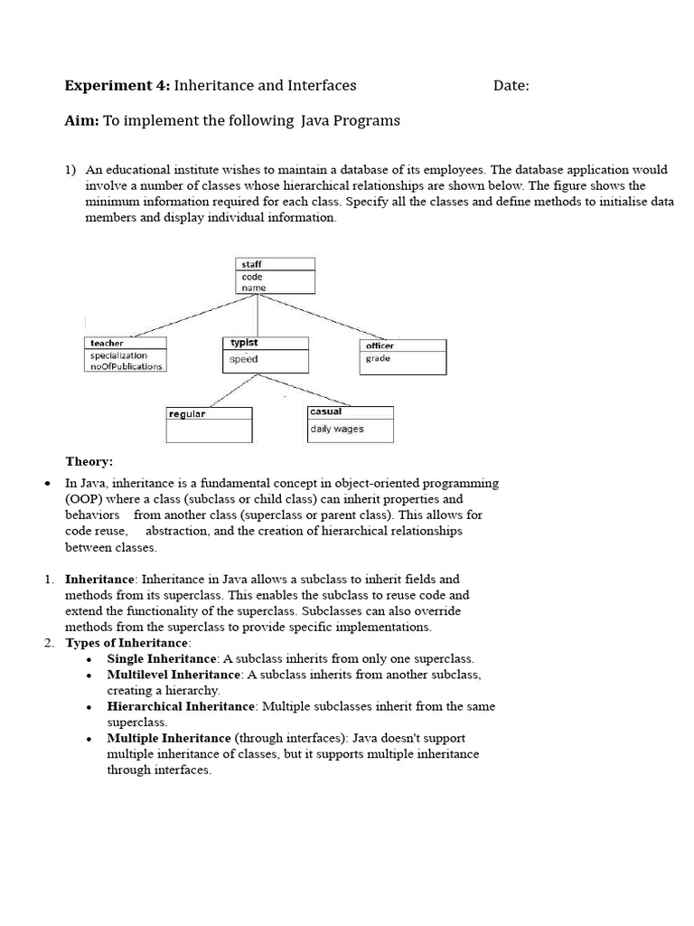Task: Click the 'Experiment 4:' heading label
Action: click(x=117, y=86)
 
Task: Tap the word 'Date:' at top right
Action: click(x=511, y=86)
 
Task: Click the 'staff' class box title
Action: click(x=251, y=264)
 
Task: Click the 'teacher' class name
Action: click(x=107, y=344)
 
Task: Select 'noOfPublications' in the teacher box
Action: click(x=126, y=366)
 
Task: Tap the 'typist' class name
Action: click(x=244, y=343)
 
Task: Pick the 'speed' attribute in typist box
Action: click(x=243, y=359)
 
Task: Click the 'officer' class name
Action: click(x=380, y=345)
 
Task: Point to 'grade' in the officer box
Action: click(x=378, y=358)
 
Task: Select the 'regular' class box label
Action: click(x=187, y=413)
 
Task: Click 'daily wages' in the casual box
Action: click(x=336, y=429)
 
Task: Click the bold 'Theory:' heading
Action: click(x=89, y=461)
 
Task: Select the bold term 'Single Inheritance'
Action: click(x=162, y=658)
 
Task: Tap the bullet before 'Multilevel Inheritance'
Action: click(x=89, y=676)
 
